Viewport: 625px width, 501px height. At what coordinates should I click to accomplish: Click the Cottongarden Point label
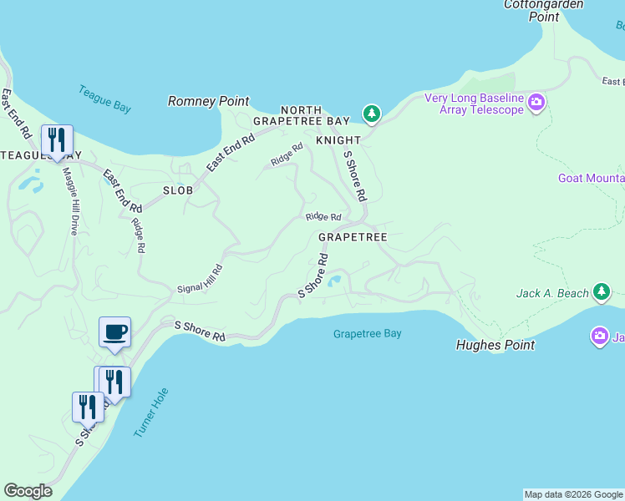531,10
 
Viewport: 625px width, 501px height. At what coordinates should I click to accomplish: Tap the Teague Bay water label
104,99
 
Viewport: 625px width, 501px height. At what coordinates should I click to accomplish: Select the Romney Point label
209,101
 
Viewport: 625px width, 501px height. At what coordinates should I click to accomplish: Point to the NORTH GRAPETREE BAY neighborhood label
302,115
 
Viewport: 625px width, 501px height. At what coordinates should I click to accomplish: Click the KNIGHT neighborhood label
338,140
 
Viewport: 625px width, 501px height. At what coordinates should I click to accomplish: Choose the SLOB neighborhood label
178,190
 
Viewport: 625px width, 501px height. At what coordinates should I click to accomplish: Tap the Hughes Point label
495,345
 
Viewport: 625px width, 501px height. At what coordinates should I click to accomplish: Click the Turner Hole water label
151,412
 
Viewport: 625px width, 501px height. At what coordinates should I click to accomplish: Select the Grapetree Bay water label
367,334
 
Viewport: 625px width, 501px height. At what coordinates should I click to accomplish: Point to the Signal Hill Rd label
201,279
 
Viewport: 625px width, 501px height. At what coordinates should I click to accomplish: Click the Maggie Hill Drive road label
70,201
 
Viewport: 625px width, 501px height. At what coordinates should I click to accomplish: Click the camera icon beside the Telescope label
536,104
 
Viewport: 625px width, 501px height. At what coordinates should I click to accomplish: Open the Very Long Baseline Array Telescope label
474,104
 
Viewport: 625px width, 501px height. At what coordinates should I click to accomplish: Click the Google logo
28,491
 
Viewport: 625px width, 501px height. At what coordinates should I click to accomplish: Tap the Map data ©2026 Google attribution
573,494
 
